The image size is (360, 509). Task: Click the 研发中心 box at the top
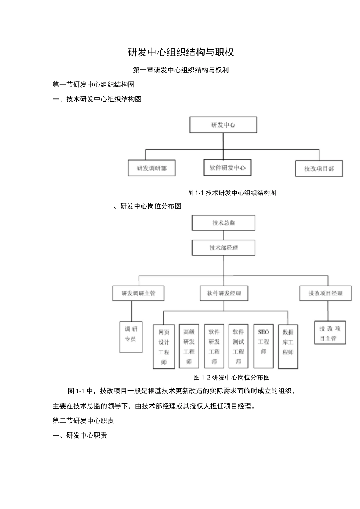point(223,125)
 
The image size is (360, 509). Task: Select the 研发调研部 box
point(152,168)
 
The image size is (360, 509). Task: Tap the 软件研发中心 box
point(227,168)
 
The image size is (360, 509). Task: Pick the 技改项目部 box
point(319,169)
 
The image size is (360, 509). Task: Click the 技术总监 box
point(224,223)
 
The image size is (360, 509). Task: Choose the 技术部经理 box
point(224,248)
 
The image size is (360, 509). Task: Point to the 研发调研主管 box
point(138,293)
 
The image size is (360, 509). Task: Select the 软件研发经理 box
point(224,293)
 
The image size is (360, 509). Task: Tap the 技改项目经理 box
point(326,293)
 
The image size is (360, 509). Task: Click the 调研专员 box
point(131,337)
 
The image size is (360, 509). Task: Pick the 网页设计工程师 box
point(164,347)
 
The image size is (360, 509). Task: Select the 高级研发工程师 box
point(189,347)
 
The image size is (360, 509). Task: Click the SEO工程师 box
point(263,346)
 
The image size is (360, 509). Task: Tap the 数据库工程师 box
point(288,346)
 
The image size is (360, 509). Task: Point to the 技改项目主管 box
point(330,333)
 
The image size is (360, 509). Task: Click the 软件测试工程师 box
point(238,346)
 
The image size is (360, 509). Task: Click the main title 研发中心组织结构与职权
point(181,52)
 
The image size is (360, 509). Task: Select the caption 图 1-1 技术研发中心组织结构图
point(232,193)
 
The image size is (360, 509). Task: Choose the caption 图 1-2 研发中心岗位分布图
point(232,377)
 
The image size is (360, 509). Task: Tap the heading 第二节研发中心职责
point(83,420)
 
